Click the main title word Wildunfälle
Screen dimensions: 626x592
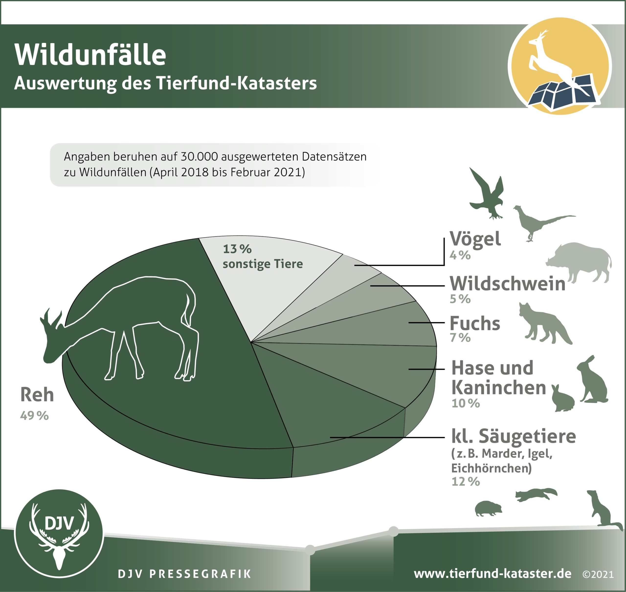[x=90, y=55]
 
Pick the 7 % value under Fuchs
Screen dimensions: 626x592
[x=460, y=338]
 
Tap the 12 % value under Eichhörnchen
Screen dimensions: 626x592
[x=466, y=482]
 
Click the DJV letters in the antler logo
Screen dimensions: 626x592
[x=59, y=523]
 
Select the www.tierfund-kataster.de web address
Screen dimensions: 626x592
[x=492, y=573]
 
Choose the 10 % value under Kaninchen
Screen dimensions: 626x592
[x=466, y=403]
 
